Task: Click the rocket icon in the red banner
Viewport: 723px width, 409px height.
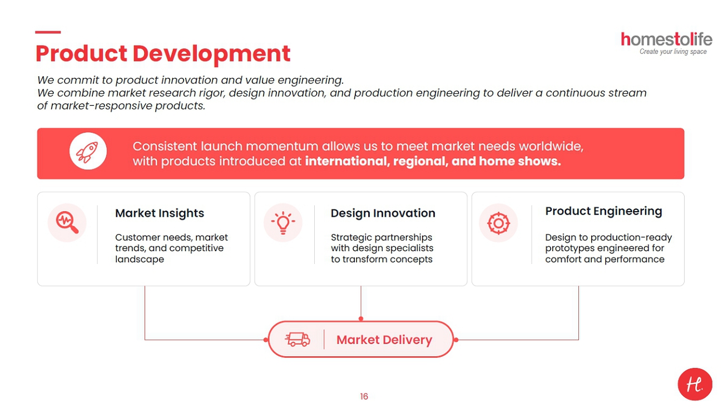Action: [87, 152]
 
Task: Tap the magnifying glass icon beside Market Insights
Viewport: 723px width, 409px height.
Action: [67, 222]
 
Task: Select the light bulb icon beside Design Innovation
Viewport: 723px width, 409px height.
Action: [283, 223]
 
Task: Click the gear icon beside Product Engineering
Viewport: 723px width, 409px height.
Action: [498, 223]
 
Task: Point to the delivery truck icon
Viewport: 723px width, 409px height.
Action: [298, 340]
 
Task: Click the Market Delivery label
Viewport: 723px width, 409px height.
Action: [384, 340]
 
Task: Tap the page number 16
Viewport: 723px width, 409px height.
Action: [364, 396]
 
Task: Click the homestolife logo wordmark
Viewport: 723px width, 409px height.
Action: [666, 39]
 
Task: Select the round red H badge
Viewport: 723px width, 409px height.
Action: [695, 384]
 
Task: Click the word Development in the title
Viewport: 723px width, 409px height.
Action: [211, 53]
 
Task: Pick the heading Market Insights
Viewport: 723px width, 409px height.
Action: [160, 213]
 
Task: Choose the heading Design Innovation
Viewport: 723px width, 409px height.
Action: [383, 213]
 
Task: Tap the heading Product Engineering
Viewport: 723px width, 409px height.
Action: [603, 211]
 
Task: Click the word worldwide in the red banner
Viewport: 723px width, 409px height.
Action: [551, 147]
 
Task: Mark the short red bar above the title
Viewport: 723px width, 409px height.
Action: [48, 32]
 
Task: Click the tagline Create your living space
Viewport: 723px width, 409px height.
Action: [673, 52]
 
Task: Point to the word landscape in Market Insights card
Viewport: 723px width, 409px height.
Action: [140, 259]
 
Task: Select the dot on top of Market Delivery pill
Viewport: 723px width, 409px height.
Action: [361, 318]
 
